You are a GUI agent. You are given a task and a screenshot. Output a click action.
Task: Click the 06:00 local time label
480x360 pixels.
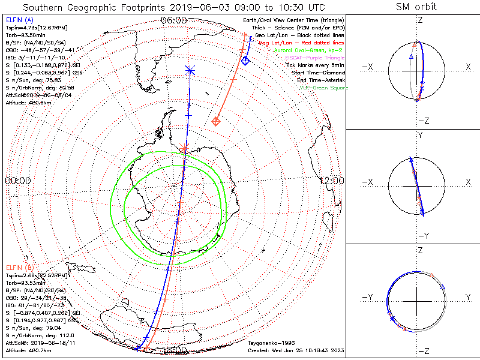point(174,20)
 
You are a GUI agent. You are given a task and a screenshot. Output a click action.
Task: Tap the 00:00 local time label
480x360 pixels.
point(17,180)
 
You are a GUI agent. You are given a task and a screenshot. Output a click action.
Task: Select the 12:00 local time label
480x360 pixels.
point(331,180)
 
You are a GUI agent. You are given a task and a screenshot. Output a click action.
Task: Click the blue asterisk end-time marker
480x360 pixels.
point(190,71)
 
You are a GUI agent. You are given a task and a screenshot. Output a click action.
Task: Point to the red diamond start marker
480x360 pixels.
point(216,122)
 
